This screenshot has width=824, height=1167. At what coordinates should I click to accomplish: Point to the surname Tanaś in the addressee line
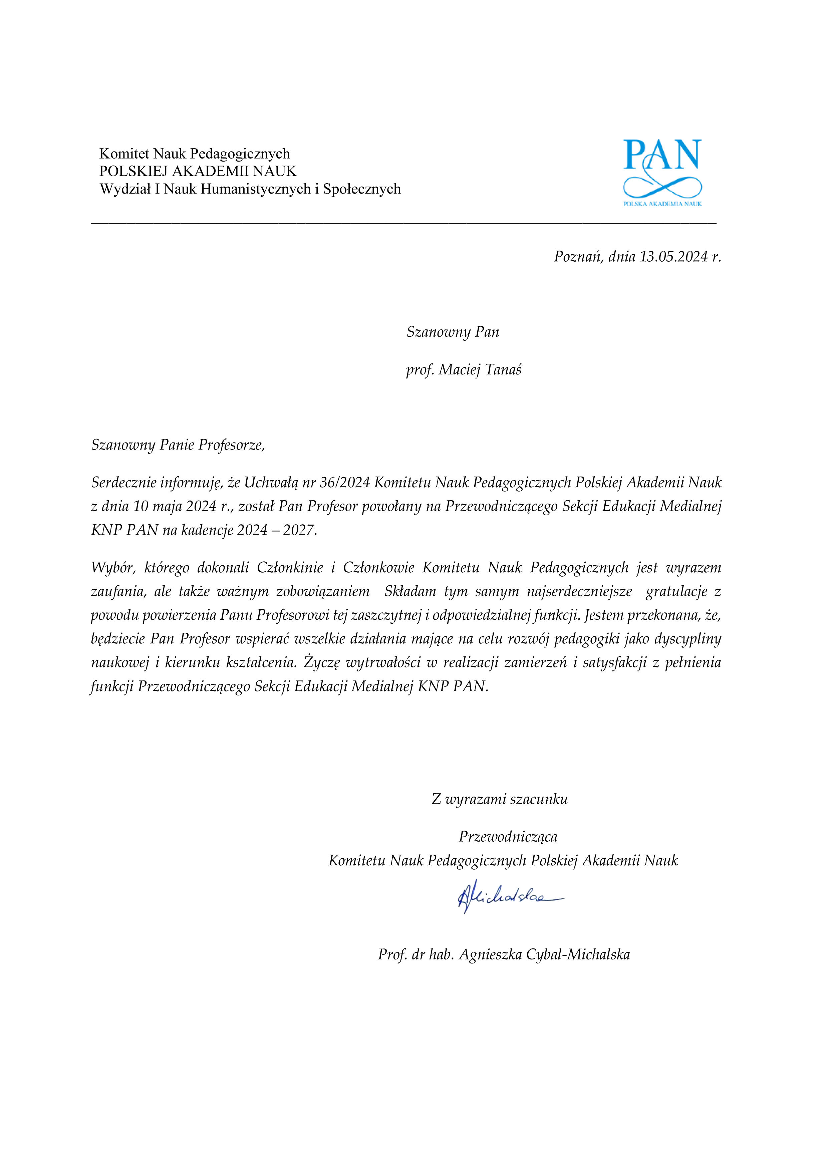pyautogui.click(x=503, y=369)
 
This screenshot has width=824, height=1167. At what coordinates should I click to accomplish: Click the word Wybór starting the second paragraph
pyautogui.click(x=113, y=567)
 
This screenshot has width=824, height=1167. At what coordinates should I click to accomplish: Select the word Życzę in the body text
pyautogui.click(x=322, y=662)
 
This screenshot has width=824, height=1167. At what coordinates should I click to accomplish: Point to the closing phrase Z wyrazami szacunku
pyautogui.click(x=499, y=799)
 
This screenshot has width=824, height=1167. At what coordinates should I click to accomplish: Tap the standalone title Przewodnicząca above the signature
pyautogui.click(x=508, y=837)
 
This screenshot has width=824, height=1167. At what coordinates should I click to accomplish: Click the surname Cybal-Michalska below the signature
pyautogui.click(x=578, y=954)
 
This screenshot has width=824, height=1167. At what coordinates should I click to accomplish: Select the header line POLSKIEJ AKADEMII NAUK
pyautogui.click(x=198, y=171)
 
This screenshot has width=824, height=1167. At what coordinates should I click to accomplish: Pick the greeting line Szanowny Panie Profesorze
pyautogui.click(x=178, y=445)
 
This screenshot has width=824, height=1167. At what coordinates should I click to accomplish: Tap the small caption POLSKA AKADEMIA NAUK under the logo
pyautogui.click(x=662, y=204)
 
